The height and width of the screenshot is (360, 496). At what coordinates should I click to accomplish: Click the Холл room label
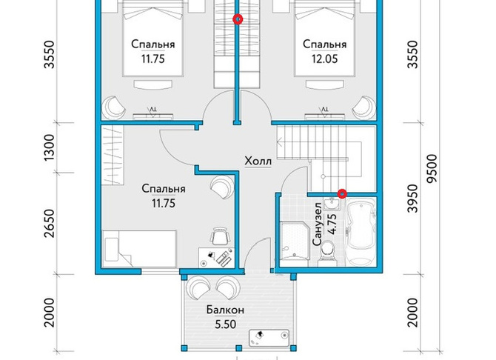pyautogui.click(x=258, y=161)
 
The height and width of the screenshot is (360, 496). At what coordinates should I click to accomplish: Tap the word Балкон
pyautogui.click(x=225, y=310)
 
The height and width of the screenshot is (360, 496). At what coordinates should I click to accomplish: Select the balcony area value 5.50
pyautogui.click(x=225, y=324)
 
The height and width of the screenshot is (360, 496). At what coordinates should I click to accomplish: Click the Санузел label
pyautogui.click(x=318, y=224)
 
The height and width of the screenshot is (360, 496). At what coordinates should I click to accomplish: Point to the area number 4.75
pyautogui.click(x=332, y=224)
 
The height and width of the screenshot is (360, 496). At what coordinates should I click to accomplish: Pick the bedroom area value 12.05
pyautogui.click(x=324, y=59)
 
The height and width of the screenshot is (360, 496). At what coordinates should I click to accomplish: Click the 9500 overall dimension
pyautogui.click(x=432, y=168)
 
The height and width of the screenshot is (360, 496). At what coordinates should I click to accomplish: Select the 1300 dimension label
pyautogui.click(x=49, y=147)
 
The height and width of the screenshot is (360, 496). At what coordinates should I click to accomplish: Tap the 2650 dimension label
pyautogui.click(x=49, y=223)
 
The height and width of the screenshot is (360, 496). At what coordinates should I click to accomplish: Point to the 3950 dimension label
pyautogui.click(x=412, y=199)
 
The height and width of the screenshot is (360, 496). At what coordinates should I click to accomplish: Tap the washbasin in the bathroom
pyautogui.click(x=332, y=204)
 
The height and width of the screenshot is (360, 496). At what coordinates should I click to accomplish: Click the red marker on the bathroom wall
pyautogui.click(x=342, y=193)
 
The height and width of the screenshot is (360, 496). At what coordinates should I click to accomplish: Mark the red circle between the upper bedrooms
pyautogui.click(x=238, y=19)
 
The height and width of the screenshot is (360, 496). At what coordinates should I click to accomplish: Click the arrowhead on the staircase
pyautogui.click(x=280, y=142)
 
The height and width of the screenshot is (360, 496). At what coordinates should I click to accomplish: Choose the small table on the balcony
pyautogui.click(x=269, y=338)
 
